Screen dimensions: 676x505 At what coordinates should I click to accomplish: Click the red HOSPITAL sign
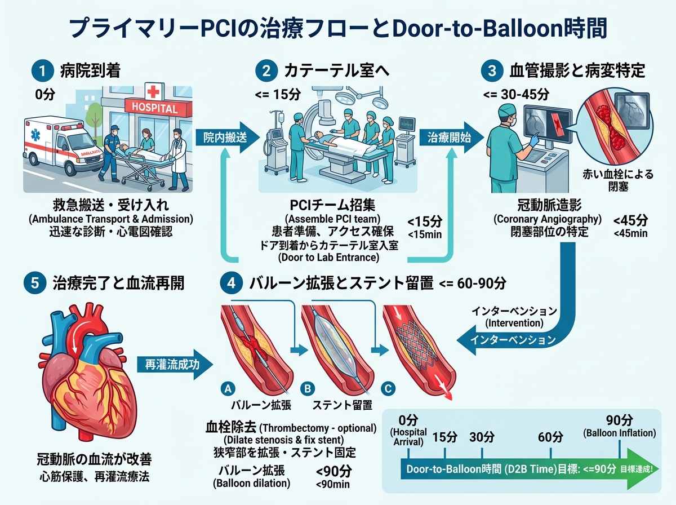tap(158, 108)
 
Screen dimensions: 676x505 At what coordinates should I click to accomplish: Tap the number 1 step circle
tap(42, 71)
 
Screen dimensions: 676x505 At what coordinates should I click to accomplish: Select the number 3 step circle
tap(492, 71)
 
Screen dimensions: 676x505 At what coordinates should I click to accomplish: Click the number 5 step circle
tap(35, 282)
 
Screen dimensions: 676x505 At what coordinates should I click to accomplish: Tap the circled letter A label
tap(228, 388)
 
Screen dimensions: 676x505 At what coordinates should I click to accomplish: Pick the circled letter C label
tap(388, 388)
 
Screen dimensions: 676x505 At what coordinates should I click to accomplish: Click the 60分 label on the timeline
tap(550, 437)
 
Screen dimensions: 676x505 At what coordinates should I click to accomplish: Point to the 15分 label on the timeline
tap(444, 437)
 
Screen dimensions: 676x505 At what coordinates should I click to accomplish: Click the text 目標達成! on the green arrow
tap(636, 469)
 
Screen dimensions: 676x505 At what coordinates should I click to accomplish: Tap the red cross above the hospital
tap(153, 91)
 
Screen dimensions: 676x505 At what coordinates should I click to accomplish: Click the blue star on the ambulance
tap(35, 135)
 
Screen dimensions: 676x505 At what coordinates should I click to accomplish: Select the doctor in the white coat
tap(179, 160)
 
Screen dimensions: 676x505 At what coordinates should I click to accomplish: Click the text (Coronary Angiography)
tap(547, 219)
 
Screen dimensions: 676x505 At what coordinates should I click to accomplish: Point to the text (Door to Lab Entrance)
tap(328, 257)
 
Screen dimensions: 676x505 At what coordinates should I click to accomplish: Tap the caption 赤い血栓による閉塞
tap(618, 180)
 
